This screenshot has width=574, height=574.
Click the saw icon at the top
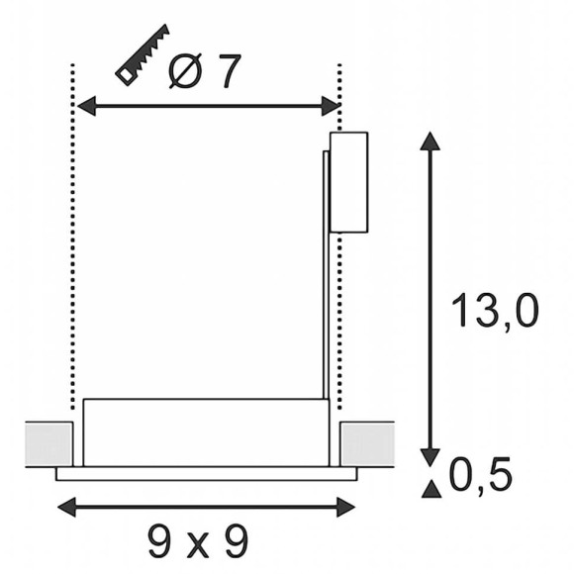point(143,54)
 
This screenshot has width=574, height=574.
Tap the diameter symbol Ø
point(185,71)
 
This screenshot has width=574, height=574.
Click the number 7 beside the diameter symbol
point(228,71)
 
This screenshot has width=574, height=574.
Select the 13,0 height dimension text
point(495,311)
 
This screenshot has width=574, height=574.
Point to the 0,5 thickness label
point(480,474)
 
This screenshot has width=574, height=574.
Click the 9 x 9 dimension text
point(198,541)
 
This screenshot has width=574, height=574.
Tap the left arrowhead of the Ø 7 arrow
point(86,106)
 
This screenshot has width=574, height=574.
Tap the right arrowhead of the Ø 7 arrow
point(331,106)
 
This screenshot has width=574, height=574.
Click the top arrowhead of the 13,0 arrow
point(430,141)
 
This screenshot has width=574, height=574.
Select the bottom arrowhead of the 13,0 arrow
point(430,457)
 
